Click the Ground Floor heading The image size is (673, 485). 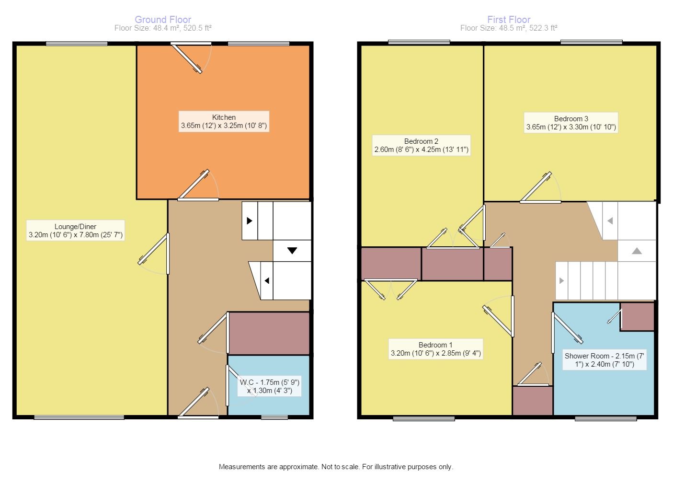163,20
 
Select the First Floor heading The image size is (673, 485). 509,20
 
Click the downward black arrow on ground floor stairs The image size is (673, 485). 292,250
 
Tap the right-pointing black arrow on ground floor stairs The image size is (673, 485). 250,221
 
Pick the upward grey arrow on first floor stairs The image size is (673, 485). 637,251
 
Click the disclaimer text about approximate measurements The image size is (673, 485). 336,466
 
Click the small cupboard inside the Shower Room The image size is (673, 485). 637,316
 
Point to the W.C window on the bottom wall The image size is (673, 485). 274,417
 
